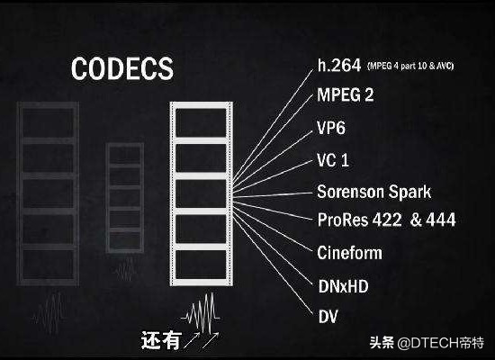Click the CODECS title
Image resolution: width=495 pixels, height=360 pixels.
[x=122, y=68]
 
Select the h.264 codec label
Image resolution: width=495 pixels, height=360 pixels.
[x=339, y=66]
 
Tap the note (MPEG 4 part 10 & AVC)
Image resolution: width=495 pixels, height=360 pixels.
[x=410, y=66]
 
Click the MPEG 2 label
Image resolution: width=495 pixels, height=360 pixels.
[x=346, y=94]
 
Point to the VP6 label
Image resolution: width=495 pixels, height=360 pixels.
[x=331, y=128]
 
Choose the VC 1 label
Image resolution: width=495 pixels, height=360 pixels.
[x=333, y=160]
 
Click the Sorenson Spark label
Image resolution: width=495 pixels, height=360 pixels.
[x=374, y=192]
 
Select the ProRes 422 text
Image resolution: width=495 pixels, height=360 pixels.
[x=360, y=220]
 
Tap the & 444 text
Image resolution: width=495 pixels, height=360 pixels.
[x=433, y=220]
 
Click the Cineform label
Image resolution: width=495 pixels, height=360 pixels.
[x=349, y=253]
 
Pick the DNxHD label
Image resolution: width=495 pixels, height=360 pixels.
[x=344, y=286]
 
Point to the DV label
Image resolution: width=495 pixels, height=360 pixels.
[x=328, y=317]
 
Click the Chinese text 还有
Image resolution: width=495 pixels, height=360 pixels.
[x=161, y=340]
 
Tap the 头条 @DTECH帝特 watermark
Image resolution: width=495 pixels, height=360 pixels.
[x=427, y=343]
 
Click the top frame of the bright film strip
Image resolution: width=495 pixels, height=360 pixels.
[x=201, y=122]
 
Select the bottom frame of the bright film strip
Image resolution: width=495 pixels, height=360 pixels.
[x=201, y=265]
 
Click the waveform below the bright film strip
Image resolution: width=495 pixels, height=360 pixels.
[x=201, y=312]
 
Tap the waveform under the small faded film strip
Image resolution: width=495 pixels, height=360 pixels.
[x=125, y=269]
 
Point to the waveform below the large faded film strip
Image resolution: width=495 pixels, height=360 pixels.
[x=49, y=312]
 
